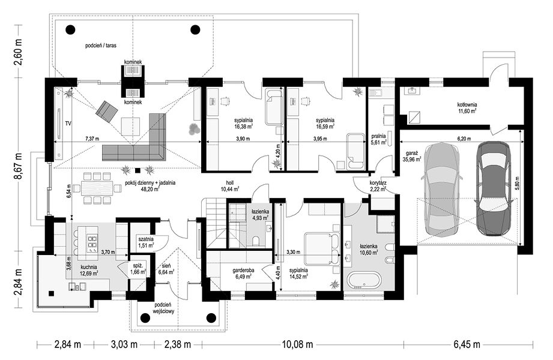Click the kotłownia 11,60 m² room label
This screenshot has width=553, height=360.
(x=467, y=107)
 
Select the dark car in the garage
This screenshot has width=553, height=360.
(x=493, y=188)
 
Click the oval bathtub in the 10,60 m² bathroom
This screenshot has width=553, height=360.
(x=364, y=280)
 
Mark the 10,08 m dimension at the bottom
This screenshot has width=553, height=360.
(x=297, y=344)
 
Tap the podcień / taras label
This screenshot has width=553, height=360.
(x=101, y=46)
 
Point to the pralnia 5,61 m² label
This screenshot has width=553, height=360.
(x=378, y=139)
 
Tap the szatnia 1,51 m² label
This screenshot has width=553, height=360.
(x=146, y=242)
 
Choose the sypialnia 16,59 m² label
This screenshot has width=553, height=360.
(x=325, y=123)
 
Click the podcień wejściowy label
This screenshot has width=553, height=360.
(x=163, y=308)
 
